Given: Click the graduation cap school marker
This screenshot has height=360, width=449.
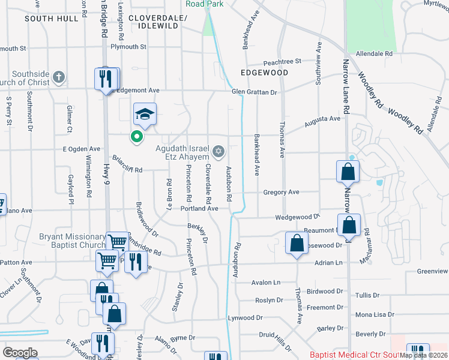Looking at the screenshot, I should (145, 113).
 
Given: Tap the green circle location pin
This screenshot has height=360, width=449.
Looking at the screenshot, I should (137, 137).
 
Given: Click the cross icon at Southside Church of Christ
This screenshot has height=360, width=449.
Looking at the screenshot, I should (58, 77).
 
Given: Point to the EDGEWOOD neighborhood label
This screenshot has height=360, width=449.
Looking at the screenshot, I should (264, 73).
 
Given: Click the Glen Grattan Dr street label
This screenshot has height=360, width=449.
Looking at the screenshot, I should (255, 92).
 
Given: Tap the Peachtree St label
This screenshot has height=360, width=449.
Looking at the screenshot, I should (282, 62).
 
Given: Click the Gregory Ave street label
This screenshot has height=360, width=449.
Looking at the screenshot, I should (281, 192).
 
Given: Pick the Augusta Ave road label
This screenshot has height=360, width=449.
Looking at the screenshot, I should (322, 119).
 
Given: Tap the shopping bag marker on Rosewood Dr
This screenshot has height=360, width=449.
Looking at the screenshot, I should (297, 244).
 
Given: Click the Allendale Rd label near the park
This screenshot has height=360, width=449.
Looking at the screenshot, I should (374, 53).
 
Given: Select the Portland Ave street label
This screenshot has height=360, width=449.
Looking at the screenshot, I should (199, 208).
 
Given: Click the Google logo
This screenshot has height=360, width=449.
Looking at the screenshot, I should (20, 352).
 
